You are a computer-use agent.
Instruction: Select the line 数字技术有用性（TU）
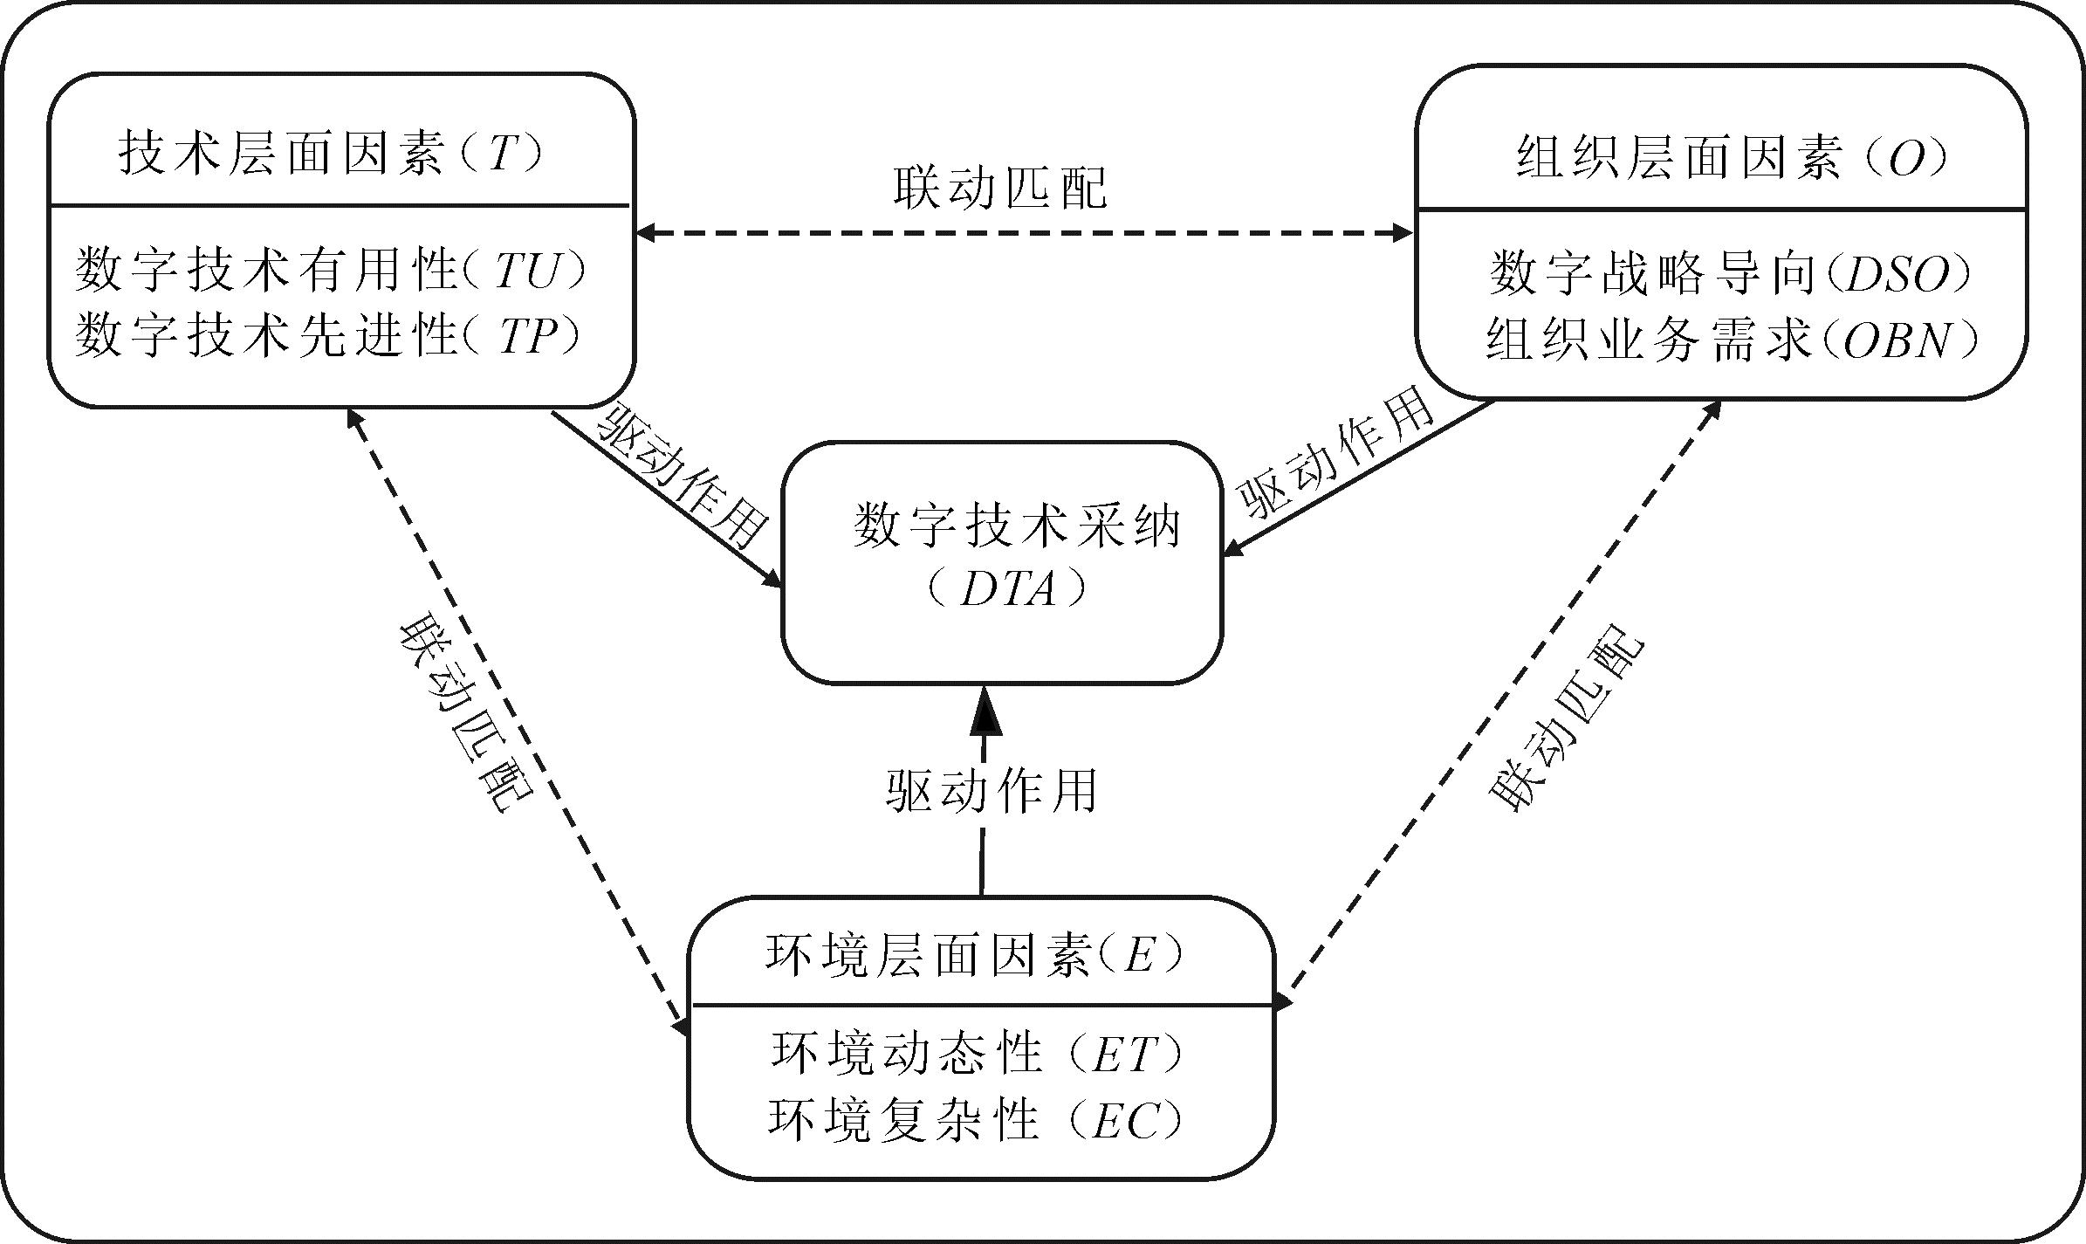(x=330, y=270)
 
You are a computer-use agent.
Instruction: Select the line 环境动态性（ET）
(x=978, y=1054)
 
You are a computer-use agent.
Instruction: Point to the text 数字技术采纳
(x=1016, y=526)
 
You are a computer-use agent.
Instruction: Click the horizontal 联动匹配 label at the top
(x=1000, y=186)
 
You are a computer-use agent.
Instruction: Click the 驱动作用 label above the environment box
(x=992, y=790)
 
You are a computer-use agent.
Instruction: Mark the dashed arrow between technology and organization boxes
(x=1023, y=233)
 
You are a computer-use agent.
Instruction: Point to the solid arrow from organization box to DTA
(x=1362, y=476)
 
